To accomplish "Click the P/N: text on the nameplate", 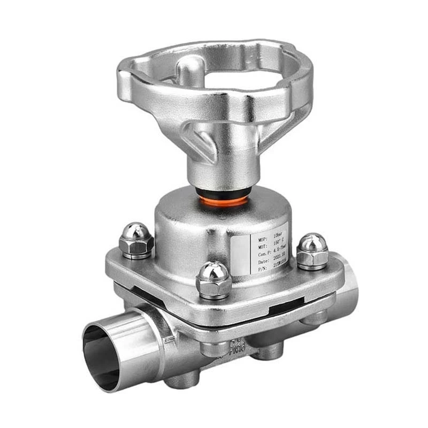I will coord(262,269).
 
